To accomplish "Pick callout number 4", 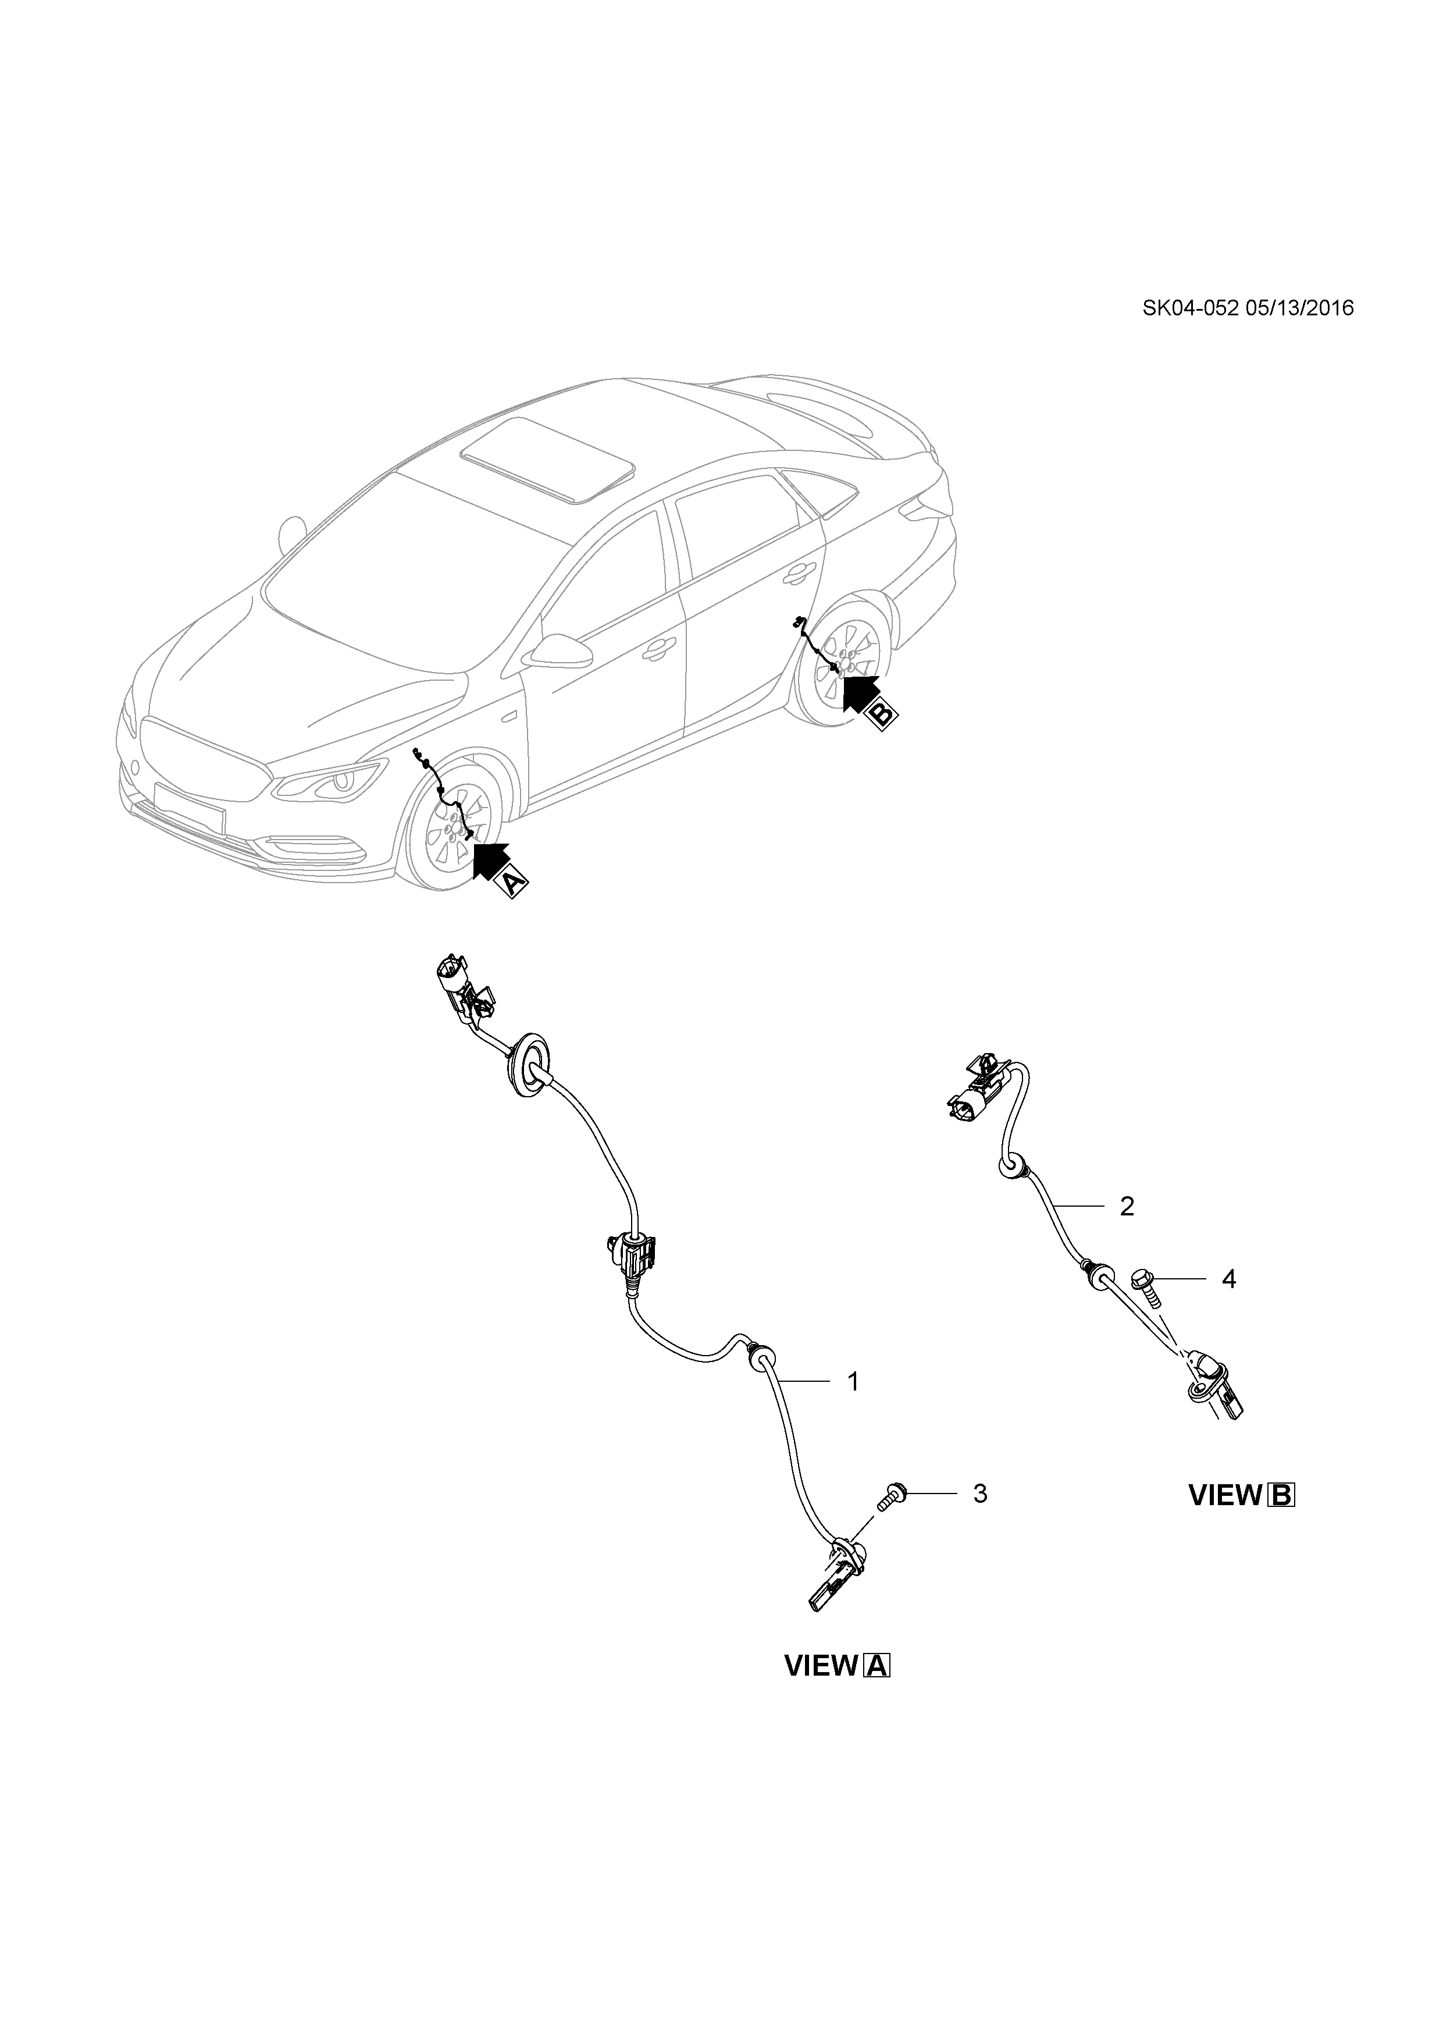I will pos(1229,1279).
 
